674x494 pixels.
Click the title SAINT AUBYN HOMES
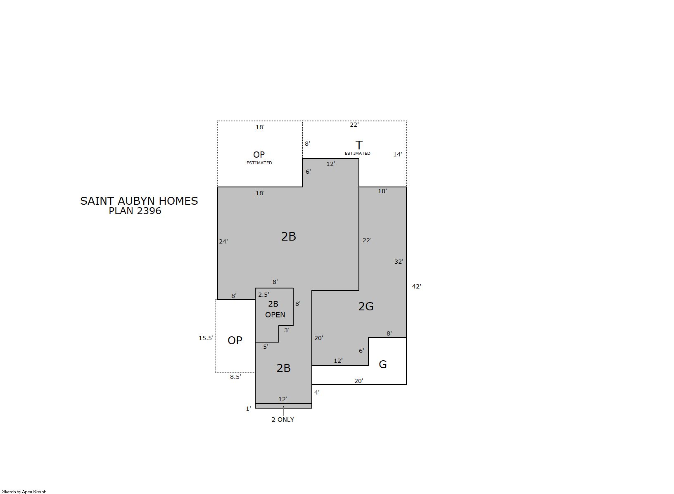click(139, 201)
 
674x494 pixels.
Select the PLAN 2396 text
click(135, 211)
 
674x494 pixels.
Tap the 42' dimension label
click(416, 286)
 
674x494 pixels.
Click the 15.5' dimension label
click(206, 338)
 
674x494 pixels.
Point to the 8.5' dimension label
click(235, 377)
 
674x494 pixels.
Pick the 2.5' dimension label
click(263, 295)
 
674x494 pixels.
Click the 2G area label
click(366, 306)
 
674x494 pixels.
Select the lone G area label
click(383, 364)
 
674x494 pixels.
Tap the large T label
click(359, 145)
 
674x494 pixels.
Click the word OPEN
click(275, 315)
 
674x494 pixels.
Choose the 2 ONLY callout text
click(283, 419)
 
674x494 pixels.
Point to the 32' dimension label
click(399, 262)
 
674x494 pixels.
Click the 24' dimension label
click(223, 241)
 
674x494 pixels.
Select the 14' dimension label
click(398, 154)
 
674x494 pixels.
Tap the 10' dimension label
click(382, 191)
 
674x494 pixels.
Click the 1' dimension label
click(249, 409)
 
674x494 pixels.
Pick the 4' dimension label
click(317, 392)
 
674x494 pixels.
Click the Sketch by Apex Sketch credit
click(24, 492)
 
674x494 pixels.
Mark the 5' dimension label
click(266, 347)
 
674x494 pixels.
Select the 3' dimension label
click(287, 330)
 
